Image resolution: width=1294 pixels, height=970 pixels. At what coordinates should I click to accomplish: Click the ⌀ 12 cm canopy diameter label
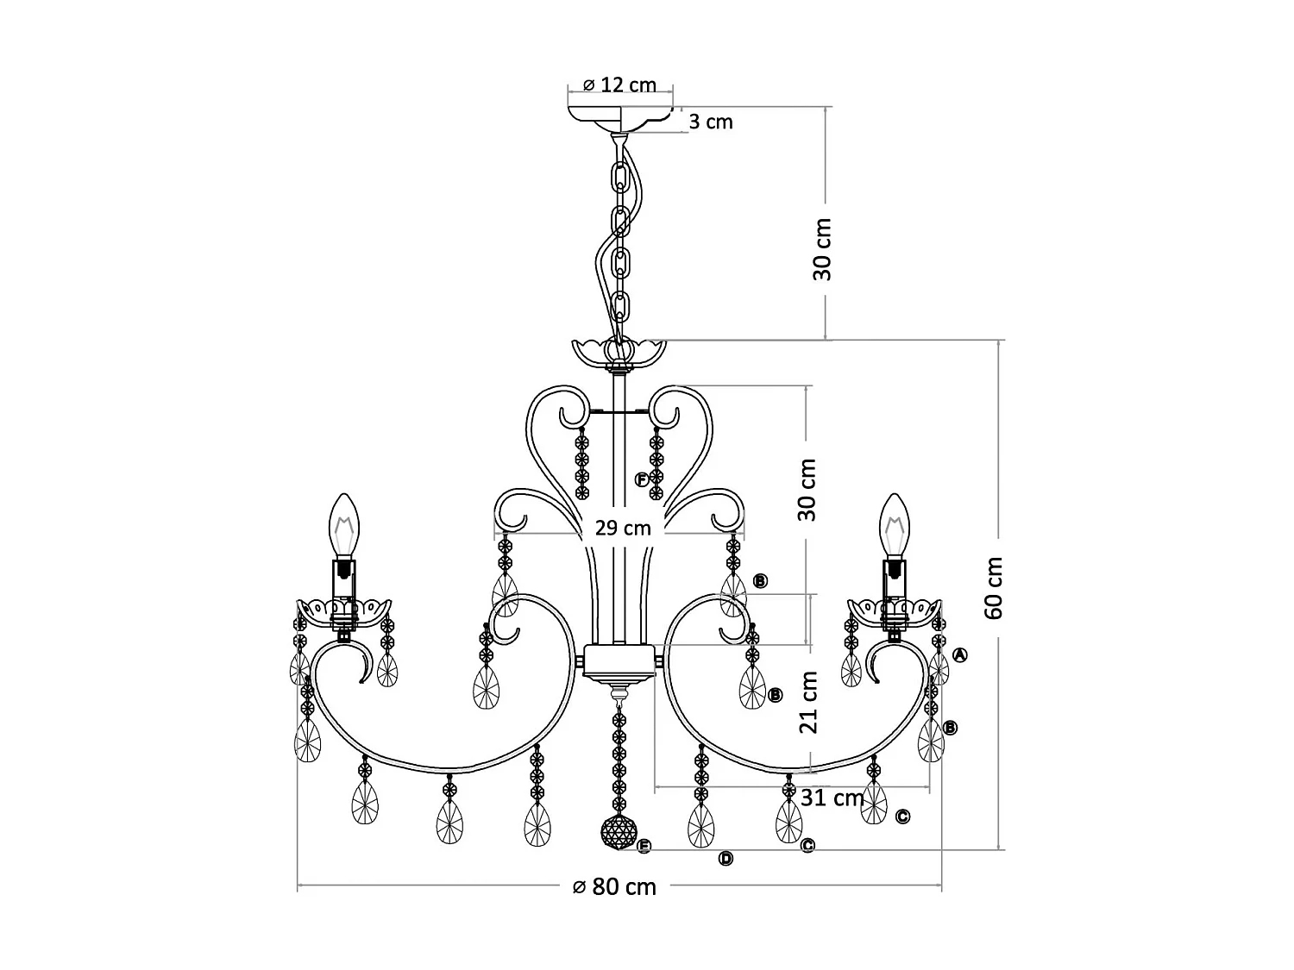(619, 85)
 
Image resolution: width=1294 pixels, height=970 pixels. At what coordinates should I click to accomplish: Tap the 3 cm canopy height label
(711, 122)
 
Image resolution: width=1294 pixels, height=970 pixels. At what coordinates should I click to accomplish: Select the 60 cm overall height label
(994, 587)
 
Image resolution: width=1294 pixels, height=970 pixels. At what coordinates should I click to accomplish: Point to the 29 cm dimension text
(623, 528)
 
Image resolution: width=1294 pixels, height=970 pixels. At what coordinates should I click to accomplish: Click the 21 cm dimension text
(808, 702)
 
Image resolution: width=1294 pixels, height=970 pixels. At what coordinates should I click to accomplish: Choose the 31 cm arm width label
(832, 798)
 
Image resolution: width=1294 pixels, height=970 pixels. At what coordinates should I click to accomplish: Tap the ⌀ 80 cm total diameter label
(614, 886)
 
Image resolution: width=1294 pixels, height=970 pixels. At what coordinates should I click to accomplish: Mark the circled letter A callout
(960, 655)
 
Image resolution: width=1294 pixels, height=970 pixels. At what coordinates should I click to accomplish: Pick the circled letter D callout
(726, 858)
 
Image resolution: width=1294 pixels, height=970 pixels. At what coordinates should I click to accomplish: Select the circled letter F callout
(642, 480)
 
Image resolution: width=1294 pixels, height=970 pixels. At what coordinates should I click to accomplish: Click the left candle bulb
(345, 526)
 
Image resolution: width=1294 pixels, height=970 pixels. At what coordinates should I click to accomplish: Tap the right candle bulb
(895, 526)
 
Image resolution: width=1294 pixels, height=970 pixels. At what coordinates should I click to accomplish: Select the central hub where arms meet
(619, 661)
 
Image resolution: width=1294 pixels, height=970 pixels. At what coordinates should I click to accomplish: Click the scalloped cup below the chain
(619, 352)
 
